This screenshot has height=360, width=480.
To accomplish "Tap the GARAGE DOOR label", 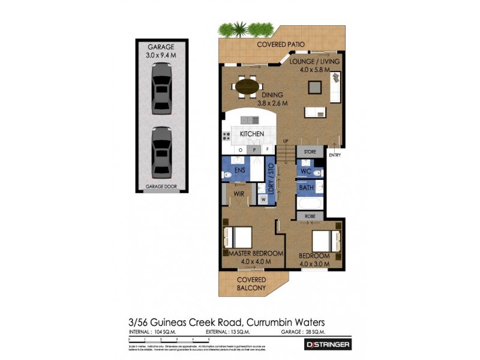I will click(x=160, y=187).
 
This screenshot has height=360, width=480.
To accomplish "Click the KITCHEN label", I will click(x=252, y=134).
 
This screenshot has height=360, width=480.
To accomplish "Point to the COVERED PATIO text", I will click(x=280, y=45).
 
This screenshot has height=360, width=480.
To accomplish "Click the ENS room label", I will click(x=239, y=170).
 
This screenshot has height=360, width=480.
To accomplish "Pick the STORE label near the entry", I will click(x=310, y=152).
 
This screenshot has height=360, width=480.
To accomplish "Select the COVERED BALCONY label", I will click(x=251, y=284).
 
